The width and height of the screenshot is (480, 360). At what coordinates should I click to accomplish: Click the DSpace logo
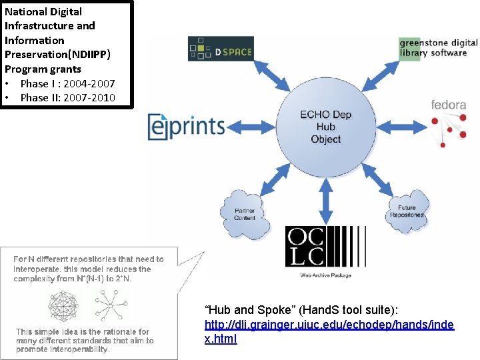pyautogui.click(x=221, y=49)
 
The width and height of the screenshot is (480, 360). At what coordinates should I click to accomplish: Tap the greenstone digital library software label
pyautogui.click(x=438, y=48)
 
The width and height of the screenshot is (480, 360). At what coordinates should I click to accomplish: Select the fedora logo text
pyautogui.click(x=448, y=105)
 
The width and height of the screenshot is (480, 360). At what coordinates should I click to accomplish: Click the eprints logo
pyautogui.click(x=186, y=126)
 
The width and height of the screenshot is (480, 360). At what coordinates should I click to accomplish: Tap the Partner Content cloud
pyautogui.click(x=245, y=214)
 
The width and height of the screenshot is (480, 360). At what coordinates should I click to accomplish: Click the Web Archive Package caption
pyautogui.click(x=325, y=275)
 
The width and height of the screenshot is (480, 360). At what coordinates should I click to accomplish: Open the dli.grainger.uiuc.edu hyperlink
pyautogui.click(x=329, y=331)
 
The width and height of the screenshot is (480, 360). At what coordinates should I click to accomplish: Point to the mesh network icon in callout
pyautogui.click(x=64, y=305)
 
